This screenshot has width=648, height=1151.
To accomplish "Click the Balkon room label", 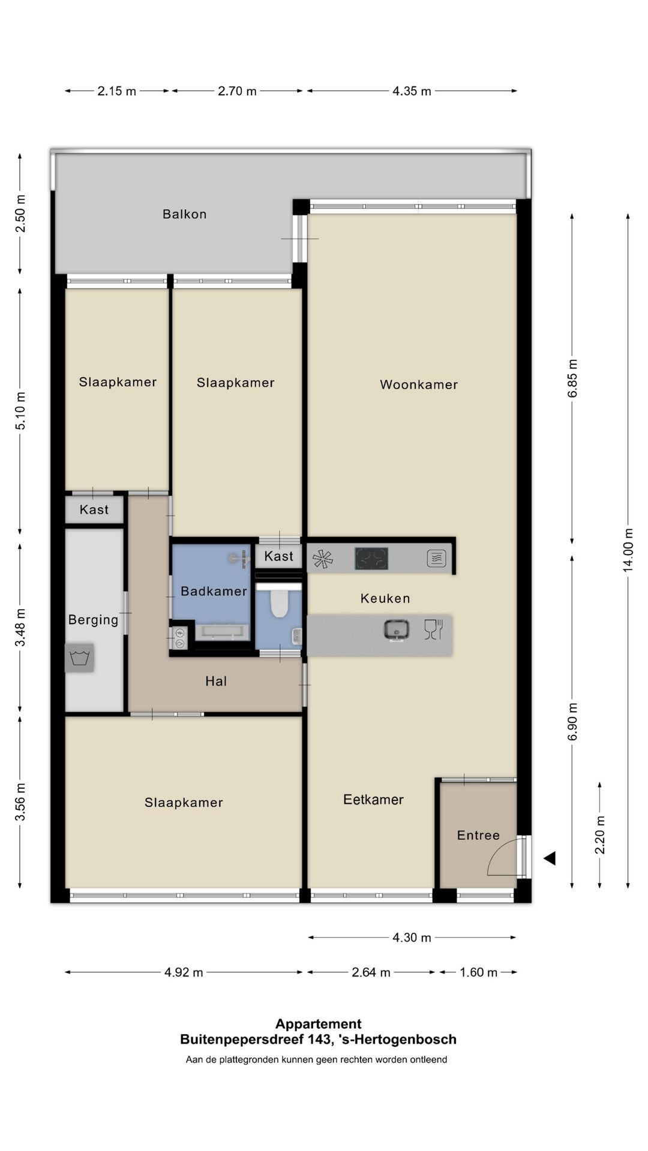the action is click(184, 214).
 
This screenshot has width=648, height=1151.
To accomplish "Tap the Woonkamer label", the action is click(419, 385).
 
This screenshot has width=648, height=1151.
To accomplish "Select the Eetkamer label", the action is click(373, 799).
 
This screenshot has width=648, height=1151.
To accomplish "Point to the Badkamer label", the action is click(214, 591).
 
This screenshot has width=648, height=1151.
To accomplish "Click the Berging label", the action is click(93, 620).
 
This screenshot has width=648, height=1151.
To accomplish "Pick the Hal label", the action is click(216, 681).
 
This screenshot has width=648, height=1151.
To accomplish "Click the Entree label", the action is click(478, 835).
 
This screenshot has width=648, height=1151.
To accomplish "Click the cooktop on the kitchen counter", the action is click(371, 559).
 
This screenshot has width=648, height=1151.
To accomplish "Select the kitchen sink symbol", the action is click(397, 629).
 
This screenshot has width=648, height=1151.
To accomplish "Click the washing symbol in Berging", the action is click(79, 658).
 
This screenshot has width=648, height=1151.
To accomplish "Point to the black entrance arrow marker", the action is click(549, 858).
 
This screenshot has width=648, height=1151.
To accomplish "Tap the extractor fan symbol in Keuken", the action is click(322, 559).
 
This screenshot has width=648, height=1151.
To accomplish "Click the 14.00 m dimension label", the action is click(628, 550).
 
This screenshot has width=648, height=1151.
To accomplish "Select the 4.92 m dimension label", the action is click(184, 972).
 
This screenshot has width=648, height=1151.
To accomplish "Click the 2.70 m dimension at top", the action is click(237, 91).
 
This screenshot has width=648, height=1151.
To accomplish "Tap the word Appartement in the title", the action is click(318, 1025).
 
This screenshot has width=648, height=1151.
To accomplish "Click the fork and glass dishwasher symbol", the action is click(433, 629).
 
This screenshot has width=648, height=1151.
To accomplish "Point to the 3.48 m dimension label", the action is click(20, 628).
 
